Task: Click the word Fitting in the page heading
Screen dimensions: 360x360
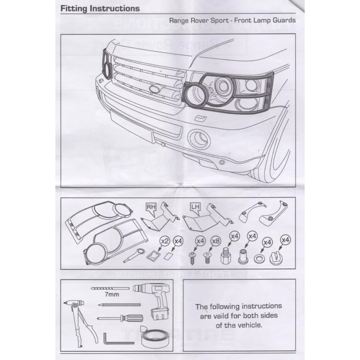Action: pos(72,9)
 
